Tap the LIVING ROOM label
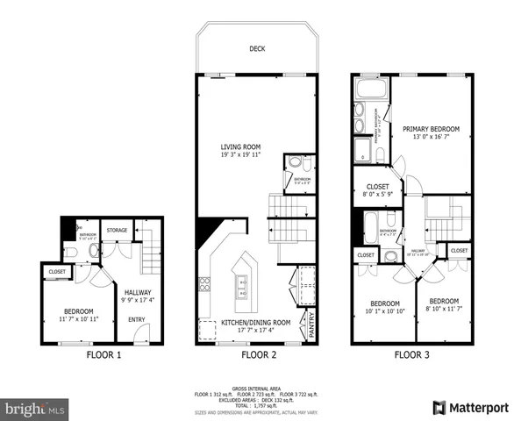[x=239, y=146]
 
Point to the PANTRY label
[x=311, y=327]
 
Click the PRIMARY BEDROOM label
[x=432, y=129]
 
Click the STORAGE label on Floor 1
[x=117, y=230]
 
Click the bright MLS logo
[x=35, y=409]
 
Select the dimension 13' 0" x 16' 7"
[x=432, y=137]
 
